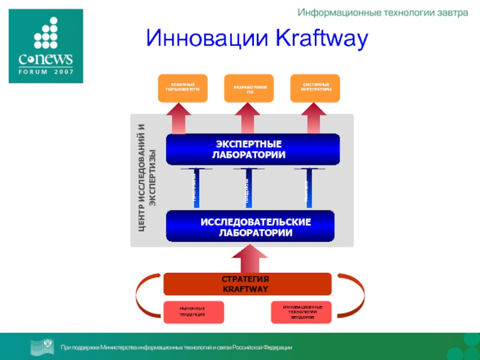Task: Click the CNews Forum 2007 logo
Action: click(x=45, y=46)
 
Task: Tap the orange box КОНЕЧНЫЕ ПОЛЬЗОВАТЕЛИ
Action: click(x=182, y=88)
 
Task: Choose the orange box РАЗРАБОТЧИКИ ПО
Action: click(x=248, y=88)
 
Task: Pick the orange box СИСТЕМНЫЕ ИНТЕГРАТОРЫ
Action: click(x=315, y=88)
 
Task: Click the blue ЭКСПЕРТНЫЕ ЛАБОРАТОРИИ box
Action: click(x=253, y=149)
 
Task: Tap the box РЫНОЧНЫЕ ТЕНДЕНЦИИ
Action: click(x=193, y=312)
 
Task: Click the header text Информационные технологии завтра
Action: click(x=382, y=13)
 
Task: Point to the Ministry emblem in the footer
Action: click(x=43, y=347)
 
